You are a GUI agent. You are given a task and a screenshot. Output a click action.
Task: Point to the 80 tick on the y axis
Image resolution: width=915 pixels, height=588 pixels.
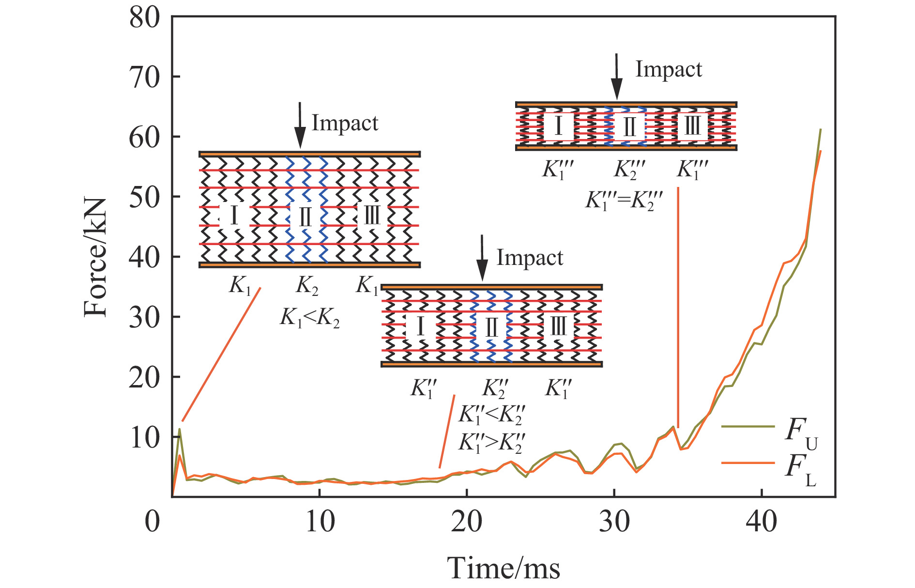tap(144, 19)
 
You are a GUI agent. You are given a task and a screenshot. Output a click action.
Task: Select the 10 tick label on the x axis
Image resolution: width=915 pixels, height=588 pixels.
tap(320, 522)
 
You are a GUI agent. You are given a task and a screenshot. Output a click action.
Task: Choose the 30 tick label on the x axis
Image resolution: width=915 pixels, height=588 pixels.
tap(614, 522)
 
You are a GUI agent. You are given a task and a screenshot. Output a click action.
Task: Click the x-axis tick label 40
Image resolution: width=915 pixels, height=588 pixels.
tap(762, 522)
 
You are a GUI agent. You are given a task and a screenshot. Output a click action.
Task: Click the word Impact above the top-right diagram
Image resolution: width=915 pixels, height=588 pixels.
tap(668, 70)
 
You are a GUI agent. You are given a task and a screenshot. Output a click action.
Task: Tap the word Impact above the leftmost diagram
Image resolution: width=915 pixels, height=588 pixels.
tap(345, 124)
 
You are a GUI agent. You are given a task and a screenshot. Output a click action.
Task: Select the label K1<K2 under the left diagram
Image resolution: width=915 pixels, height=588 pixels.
tap(310, 319)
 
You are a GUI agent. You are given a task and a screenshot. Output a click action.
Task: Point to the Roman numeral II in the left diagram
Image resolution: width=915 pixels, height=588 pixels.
tap(305, 217)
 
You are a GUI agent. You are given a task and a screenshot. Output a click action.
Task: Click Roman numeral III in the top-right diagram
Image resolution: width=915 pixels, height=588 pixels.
tap(692, 126)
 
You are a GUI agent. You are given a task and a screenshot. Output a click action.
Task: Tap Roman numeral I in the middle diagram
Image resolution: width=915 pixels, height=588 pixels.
tap(420, 327)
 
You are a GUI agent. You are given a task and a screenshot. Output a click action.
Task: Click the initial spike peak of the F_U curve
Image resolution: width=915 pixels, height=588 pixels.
tap(180, 429)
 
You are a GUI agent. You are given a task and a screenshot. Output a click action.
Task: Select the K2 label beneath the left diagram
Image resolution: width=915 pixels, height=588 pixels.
tap(307, 287)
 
